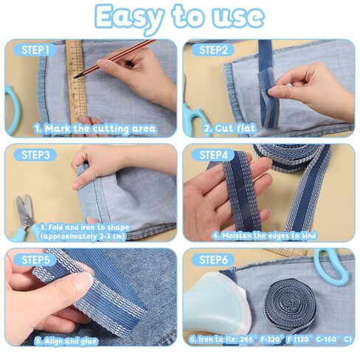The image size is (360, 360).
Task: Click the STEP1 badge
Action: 35,50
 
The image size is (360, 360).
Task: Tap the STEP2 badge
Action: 213,50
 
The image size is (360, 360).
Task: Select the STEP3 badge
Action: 35,155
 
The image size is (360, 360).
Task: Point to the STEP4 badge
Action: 213,155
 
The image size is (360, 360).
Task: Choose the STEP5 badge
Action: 35,260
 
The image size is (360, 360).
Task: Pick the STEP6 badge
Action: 213,260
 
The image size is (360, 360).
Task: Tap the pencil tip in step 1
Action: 75,77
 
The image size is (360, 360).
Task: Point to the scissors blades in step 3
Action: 24,210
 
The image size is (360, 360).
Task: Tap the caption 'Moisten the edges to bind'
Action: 264,235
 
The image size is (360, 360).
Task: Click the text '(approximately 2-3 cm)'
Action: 83,237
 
